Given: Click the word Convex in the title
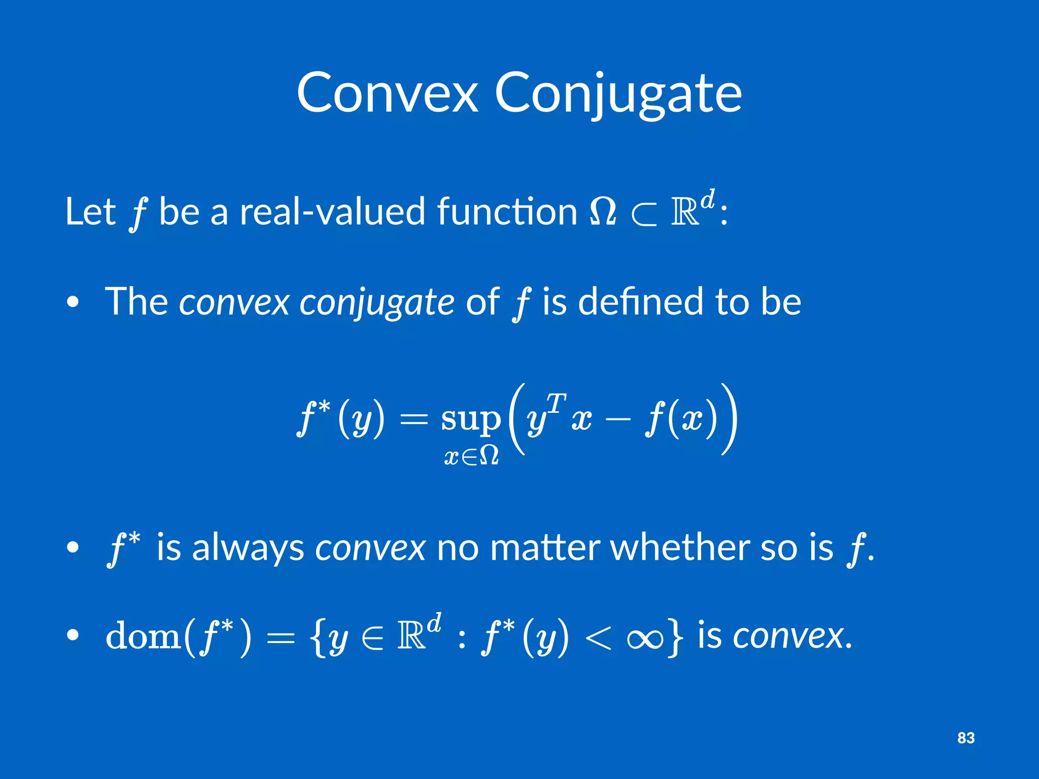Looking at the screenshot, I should coord(388,93).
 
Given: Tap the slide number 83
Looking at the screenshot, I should coord(966,738).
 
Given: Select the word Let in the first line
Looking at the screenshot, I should coord(90,211).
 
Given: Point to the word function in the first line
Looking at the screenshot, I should coord(507,211).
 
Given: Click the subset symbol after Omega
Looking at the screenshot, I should coord(643,216).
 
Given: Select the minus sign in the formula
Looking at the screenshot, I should coord(618,420).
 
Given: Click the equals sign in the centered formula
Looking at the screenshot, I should coord(413,420).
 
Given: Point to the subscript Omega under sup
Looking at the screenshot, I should coord(489,456).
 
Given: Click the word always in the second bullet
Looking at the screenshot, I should coord(248,549).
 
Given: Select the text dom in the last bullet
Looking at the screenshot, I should coord(143,636).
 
